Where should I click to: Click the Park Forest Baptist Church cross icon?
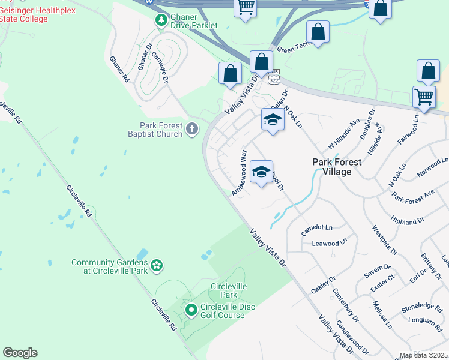tap(192, 128)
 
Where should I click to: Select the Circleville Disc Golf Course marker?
tap(191, 310)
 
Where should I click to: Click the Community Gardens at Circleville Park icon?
tap(157, 265)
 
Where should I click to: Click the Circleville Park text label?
tap(229, 290)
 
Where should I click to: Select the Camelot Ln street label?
tap(316, 228)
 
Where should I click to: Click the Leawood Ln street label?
tap(330, 243)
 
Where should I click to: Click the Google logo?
tap(20, 353)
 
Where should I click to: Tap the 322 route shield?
tap(274, 79)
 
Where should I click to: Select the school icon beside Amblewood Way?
tap(261, 172)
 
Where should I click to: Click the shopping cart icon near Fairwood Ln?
tap(424, 96)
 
